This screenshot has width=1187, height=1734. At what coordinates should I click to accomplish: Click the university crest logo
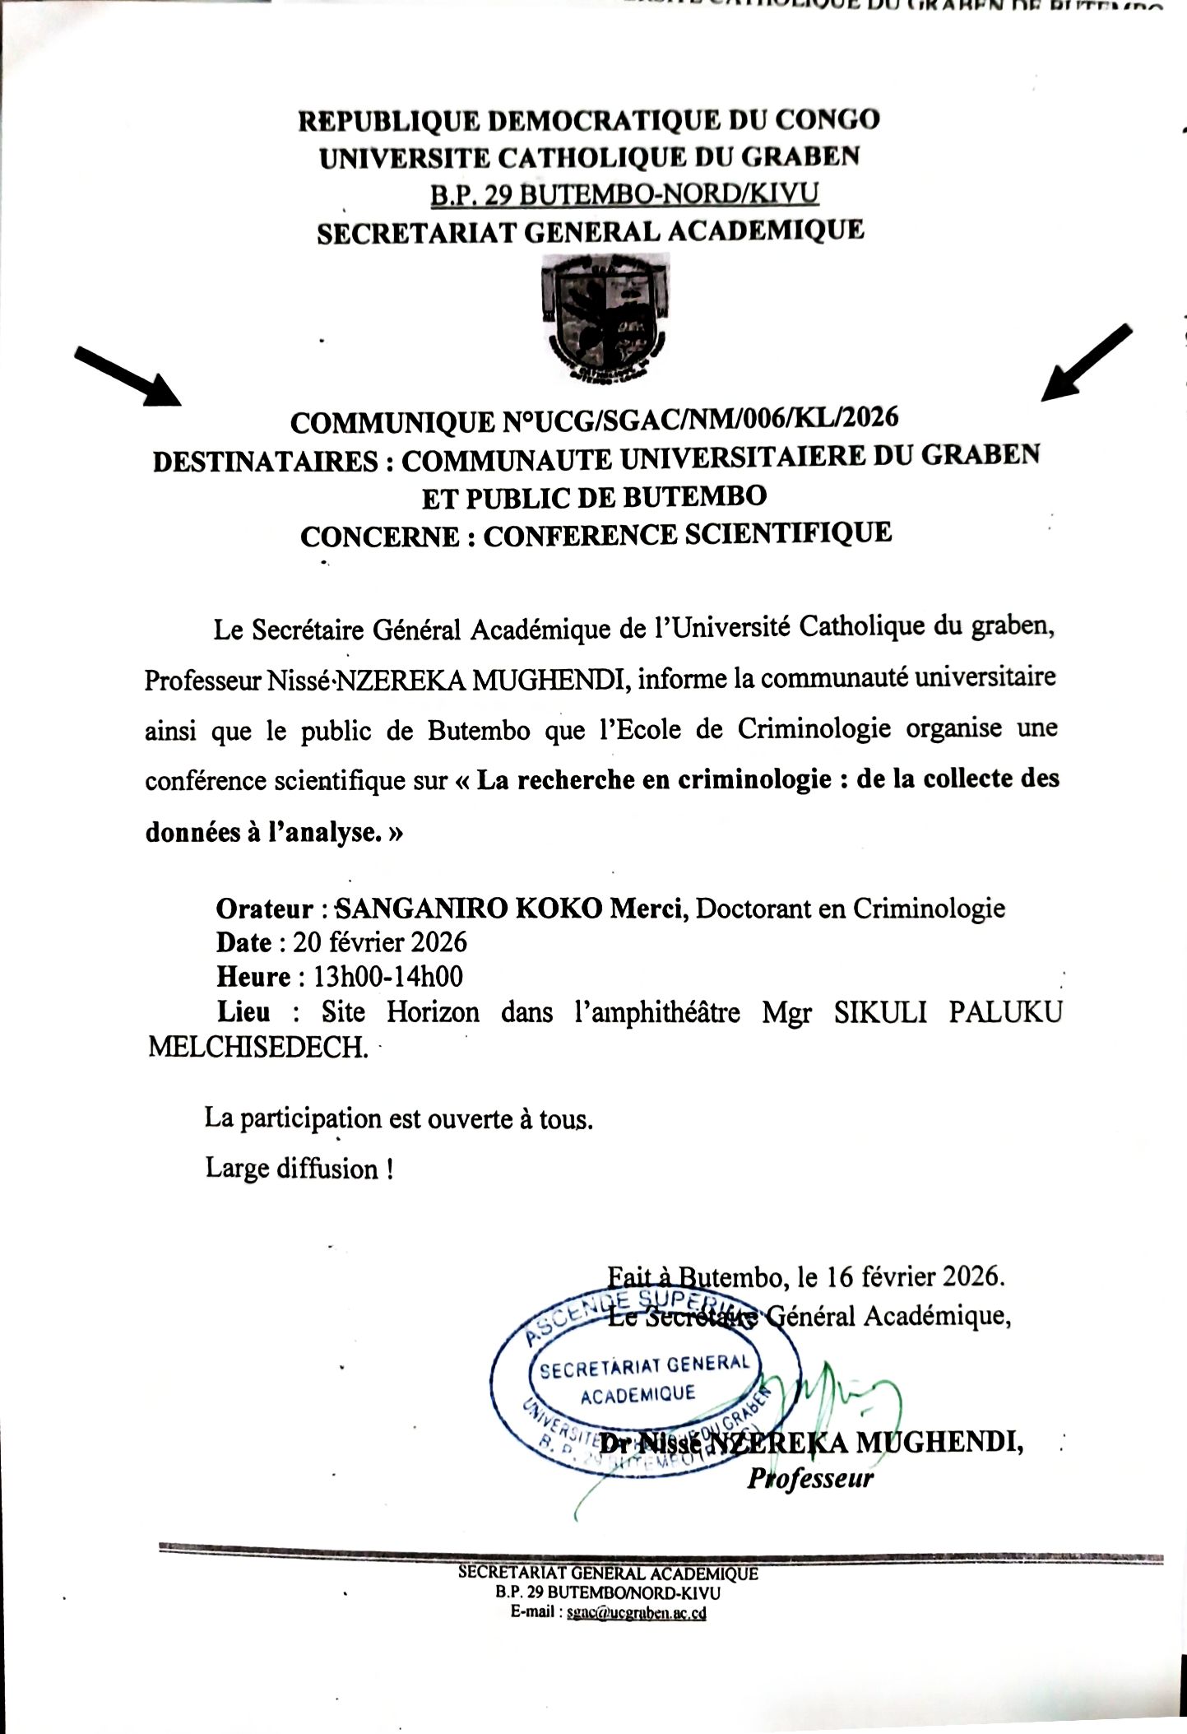(x=605, y=318)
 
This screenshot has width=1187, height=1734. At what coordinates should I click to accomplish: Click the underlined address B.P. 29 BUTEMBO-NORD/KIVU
(x=624, y=194)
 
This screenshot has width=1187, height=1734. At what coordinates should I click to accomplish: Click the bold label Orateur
(x=265, y=909)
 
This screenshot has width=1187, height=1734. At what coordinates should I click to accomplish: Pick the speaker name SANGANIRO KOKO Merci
(x=512, y=909)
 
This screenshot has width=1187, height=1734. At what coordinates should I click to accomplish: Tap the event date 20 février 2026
(x=380, y=942)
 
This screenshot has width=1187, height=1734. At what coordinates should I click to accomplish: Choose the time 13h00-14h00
(x=388, y=977)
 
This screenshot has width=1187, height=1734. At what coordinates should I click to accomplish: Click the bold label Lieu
(x=243, y=1011)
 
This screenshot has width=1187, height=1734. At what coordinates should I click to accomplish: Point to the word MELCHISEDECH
(x=258, y=1048)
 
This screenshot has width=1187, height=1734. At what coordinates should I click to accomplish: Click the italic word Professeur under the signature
(x=810, y=1479)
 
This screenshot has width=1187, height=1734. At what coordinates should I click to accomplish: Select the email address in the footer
(x=637, y=1614)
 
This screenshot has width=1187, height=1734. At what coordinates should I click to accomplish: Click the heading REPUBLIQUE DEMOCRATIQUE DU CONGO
(x=589, y=121)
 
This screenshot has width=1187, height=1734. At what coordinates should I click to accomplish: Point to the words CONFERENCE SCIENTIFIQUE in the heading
(x=688, y=535)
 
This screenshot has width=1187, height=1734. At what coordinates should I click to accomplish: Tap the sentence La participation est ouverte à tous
(x=399, y=1118)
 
